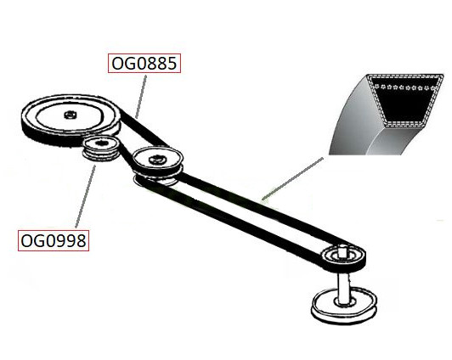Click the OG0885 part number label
tap(144, 63)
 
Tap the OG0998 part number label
tap(54, 240)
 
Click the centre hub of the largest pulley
tap(70, 115)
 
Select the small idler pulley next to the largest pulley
tap(100, 149)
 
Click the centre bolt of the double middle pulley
tap(156, 159)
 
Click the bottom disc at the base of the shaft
tap(344, 306)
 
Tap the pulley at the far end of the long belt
tap(343, 258)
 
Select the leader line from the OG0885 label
tap(141, 97)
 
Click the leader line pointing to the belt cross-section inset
tap(292, 178)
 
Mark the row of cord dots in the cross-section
tap(404, 87)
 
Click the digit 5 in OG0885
tap(172, 64)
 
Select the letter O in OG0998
tap(27, 241)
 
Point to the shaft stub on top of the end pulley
tap(342, 250)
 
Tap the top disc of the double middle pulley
tap(157, 159)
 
